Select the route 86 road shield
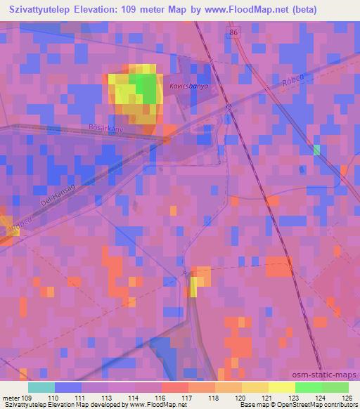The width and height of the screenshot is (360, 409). click(x=233, y=33)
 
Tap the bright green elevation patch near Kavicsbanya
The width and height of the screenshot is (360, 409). click(x=146, y=87)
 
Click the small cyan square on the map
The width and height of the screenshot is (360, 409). click(x=316, y=149)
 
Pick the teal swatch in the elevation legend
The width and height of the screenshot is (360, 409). click(x=41, y=387)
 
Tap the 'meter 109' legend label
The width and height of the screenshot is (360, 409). click(x=18, y=398)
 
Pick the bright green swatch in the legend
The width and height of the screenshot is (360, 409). click(x=308, y=387)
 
